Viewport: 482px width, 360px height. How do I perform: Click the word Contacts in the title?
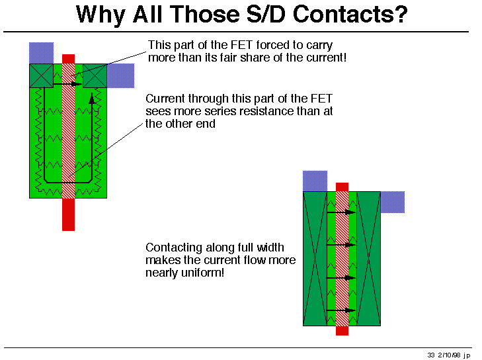tap(350, 15)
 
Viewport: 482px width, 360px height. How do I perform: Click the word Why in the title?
tap(100, 15)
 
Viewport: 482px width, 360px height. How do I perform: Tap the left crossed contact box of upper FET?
tap(41, 75)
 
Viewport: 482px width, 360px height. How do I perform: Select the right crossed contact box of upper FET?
tap(95, 75)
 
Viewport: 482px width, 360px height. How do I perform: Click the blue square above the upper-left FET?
tap(41, 53)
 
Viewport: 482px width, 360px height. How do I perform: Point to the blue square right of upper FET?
tap(120, 75)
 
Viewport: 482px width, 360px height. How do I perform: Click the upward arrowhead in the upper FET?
tap(92, 99)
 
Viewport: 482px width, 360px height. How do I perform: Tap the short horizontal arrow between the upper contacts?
tap(67, 83)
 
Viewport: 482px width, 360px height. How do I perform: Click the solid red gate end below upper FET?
tap(68, 214)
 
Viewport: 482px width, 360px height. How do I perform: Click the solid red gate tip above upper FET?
tap(68, 59)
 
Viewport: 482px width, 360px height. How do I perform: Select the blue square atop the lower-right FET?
tap(315, 181)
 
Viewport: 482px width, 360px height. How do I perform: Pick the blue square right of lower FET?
tap(393, 202)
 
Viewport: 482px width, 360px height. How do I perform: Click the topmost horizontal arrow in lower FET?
tap(341, 212)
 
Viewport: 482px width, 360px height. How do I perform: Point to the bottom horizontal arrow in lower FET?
tap(341, 310)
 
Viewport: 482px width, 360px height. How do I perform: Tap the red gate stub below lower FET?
tap(342, 330)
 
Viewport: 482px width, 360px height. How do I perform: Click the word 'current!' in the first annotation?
tap(326, 58)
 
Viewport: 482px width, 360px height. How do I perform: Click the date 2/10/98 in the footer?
tap(449, 355)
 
